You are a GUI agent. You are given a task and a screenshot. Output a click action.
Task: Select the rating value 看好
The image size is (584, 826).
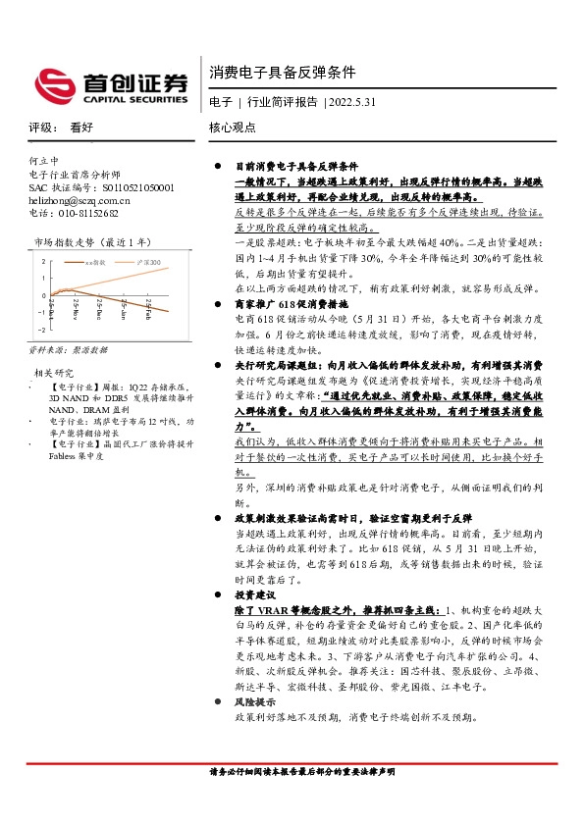(x=81, y=128)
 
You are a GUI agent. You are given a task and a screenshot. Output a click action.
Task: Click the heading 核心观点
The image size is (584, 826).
(x=234, y=128)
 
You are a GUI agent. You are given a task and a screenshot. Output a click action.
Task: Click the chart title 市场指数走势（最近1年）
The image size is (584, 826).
(x=94, y=240)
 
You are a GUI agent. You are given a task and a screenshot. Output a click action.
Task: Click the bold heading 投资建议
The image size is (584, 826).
(x=255, y=594)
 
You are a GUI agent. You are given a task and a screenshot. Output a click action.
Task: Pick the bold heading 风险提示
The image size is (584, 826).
(x=255, y=703)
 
